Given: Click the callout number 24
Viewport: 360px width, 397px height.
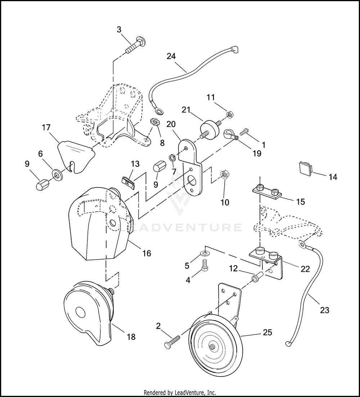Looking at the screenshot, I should click(x=171, y=56).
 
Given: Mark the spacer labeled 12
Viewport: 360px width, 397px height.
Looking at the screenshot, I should click(x=257, y=278).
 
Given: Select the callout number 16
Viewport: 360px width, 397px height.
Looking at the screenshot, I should click(x=147, y=253).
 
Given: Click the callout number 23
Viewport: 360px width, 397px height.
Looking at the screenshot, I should click(x=324, y=310).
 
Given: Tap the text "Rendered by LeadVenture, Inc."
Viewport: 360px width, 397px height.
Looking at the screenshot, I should click(x=180, y=392).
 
